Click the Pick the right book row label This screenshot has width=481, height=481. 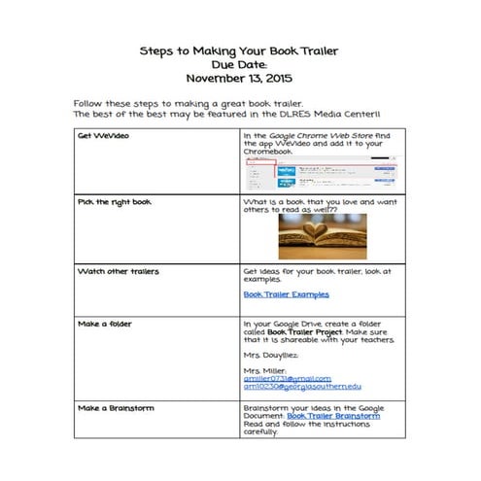(x=112, y=201)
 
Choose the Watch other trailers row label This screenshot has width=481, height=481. (x=118, y=270)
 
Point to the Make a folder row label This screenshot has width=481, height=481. (x=106, y=323)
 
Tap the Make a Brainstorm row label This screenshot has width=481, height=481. (x=118, y=408)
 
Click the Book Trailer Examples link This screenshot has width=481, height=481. (x=286, y=293)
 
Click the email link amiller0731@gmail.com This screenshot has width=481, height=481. (x=287, y=378)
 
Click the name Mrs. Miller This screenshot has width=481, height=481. (x=266, y=369)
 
